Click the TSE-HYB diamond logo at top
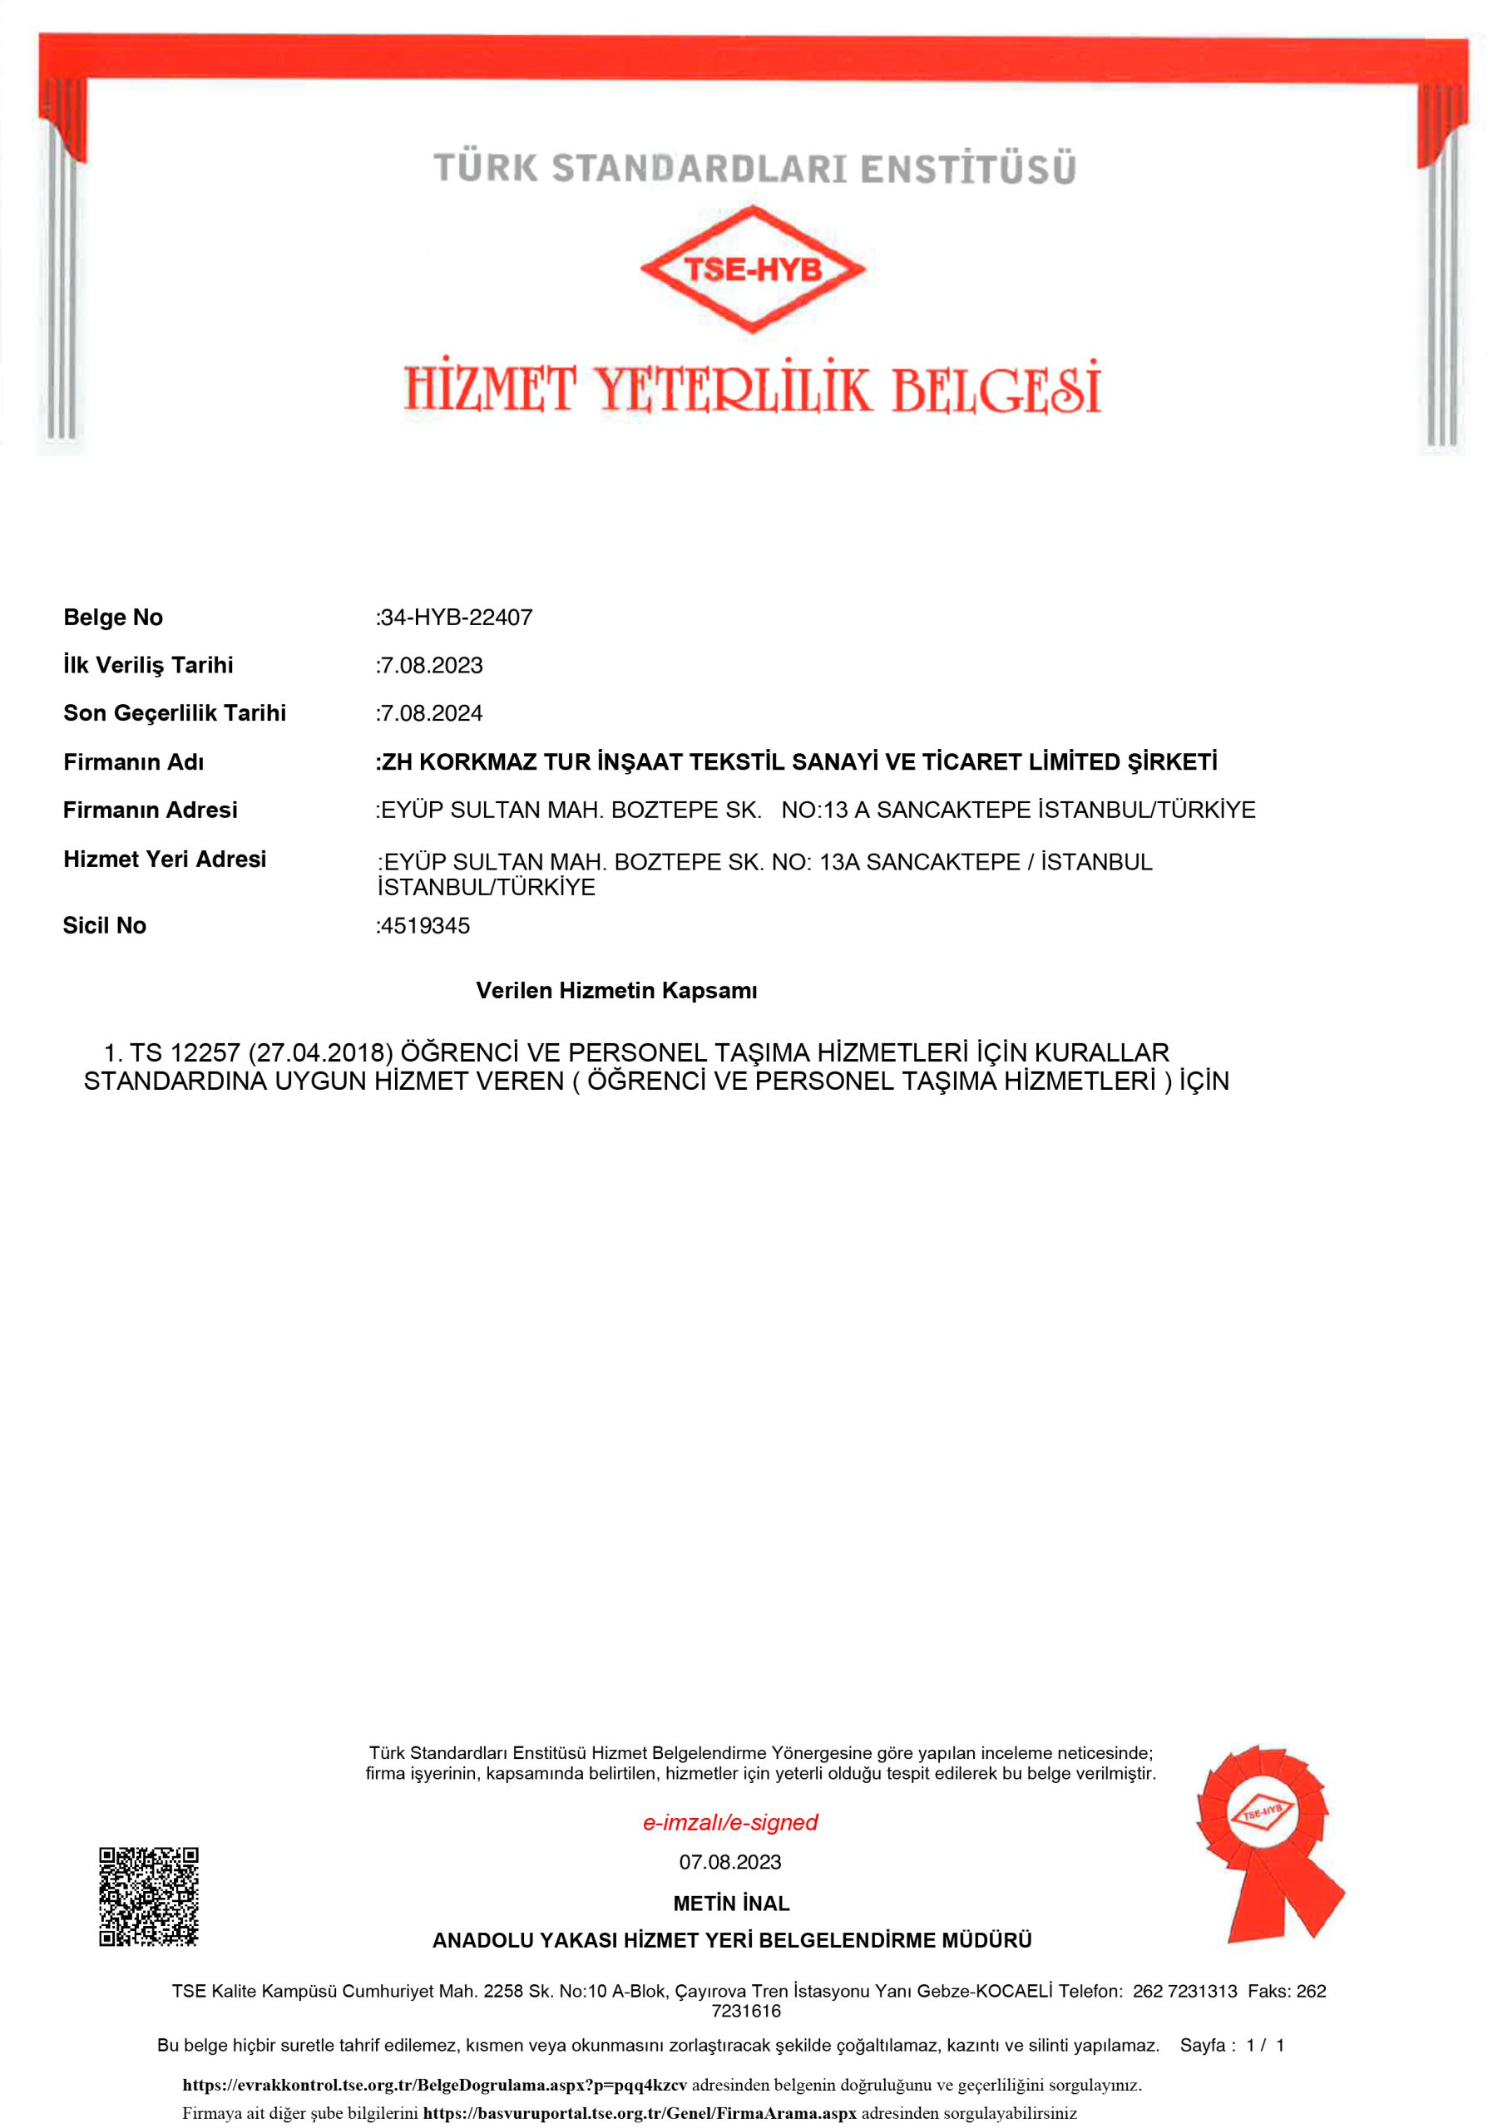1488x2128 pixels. pyautogui.click(x=752, y=268)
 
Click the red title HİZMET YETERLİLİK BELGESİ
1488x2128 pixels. pyautogui.click(x=752, y=388)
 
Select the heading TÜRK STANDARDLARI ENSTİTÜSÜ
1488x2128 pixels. pyautogui.click(x=754, y=169)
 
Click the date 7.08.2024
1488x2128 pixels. pyautogui.click(x=431, y=712)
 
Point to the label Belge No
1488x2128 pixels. pyautogui.click(x=113, y=618)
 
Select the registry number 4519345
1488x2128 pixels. pyautogui.click(x=425, y=925)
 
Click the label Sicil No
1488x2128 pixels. pyautogui.click(x=105, y=925)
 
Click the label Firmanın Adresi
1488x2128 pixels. pyautogui.click(x=151, y=810)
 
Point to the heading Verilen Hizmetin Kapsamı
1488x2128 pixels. pyautogui.click(x=616, y=990)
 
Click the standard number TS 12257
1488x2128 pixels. pyautogui.click(x=185, y=1053)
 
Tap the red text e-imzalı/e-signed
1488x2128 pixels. pyautogui.click(x=730, y=1822)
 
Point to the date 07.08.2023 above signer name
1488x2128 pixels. pyautogui.click(x=730, y=1862)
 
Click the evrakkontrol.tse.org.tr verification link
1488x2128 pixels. pyautogui.click(x=434, y=2085)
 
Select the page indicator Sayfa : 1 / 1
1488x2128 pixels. pyautogui.click(x=1232, y=2045)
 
